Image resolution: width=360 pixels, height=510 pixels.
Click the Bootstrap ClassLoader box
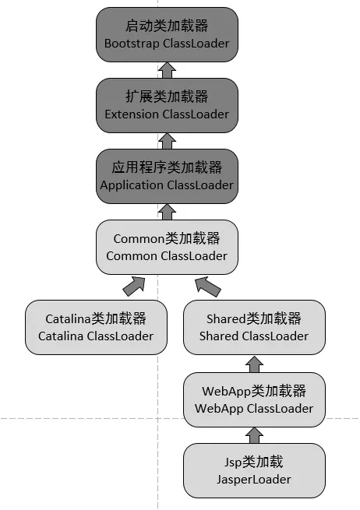coord(167,34)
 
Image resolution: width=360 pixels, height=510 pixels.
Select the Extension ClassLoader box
coord(167,105)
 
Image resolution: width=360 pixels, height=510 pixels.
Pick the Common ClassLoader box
coord(167,247)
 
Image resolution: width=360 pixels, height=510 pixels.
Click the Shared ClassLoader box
coord(253,327)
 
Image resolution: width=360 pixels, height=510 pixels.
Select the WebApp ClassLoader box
coord(253,399)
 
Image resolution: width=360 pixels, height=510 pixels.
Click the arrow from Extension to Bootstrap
coord(167,70)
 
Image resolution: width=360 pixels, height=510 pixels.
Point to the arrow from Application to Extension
coord(167,141)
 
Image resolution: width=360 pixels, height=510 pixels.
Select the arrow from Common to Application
coord(167,211)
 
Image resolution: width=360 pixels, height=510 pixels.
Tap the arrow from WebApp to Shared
coord(253,363)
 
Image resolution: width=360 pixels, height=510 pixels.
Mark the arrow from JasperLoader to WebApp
coord(253,434)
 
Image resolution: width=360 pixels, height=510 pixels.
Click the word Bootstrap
coord(132,44)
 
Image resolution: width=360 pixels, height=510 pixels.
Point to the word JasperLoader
coord(253,480)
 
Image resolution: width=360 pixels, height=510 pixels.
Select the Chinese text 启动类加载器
coord(167,25)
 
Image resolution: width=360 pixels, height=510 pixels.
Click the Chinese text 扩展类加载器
coord(167,97)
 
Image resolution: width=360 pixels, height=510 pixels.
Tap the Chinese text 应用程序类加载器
coord(167,167)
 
